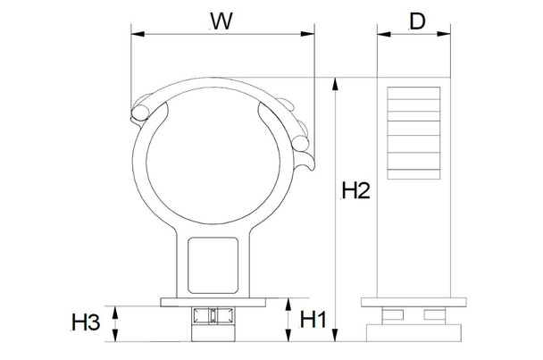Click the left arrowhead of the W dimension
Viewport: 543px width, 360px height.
click(x=136, y=36)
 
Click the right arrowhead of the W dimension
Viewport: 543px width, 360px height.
click(x=313, y=36)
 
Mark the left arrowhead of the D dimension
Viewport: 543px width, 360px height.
click(x=382, y=36)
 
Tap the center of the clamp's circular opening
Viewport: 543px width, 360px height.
click(x=217, y=152)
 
